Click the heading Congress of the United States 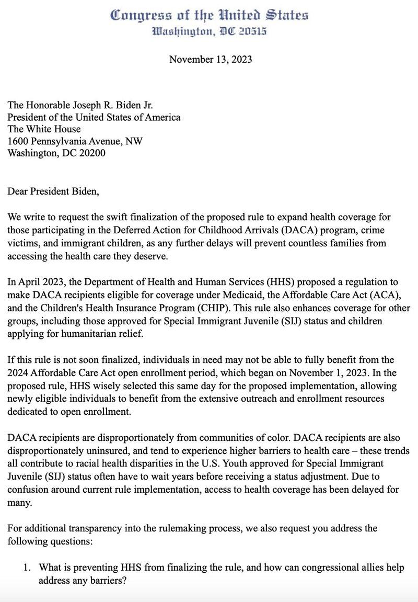pos(209,15)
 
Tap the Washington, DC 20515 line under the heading pos(209,31)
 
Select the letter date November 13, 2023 pos(211,59)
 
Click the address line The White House pos(44,129)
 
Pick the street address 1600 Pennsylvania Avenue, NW pos(75,141)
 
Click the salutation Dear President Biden pos(52,191)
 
